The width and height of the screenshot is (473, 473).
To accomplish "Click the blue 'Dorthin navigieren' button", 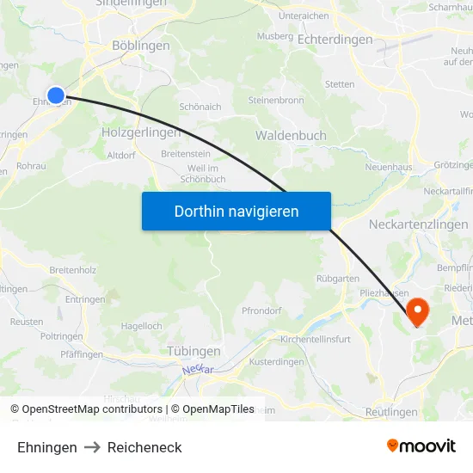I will [236, 211].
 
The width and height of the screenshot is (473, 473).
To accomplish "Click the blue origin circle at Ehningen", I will [56, 95].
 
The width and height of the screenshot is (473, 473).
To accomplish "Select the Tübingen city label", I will [193, 351].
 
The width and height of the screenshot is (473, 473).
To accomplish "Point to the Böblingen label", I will [139, 47].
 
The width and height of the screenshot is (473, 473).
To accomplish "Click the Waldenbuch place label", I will [291, 136].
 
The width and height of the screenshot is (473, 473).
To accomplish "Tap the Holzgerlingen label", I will [141, 132].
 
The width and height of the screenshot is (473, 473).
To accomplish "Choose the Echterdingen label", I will [335, 40].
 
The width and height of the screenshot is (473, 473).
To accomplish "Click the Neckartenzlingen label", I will [420, 224].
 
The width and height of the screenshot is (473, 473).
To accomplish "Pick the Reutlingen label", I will [391, 412].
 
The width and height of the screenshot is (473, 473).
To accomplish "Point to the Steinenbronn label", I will [276, 100].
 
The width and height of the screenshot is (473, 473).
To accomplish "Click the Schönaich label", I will [200, 107].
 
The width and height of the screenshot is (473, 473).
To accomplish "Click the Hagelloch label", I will [142, 326].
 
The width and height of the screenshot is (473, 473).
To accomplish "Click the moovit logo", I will [421, 445].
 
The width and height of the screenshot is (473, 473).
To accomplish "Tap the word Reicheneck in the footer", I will [144, 447].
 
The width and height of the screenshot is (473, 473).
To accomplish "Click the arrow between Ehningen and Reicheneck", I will [92, 447].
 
